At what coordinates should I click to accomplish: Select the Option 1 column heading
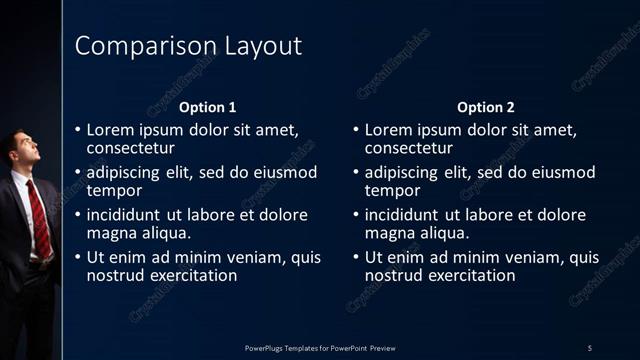tap(207, 107)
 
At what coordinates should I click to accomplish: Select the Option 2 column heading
tap(486, 107)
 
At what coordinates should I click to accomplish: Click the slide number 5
tap(590, 347)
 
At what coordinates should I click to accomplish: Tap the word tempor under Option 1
tap(114, 190)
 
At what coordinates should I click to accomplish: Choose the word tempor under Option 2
tap(393, 190)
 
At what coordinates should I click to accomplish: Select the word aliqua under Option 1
tap(163, 233)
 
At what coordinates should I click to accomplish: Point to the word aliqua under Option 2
tap(442, 233)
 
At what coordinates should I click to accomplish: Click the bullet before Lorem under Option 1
tap(78, 130)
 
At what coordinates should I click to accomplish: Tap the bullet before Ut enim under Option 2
tap(357, 257)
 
